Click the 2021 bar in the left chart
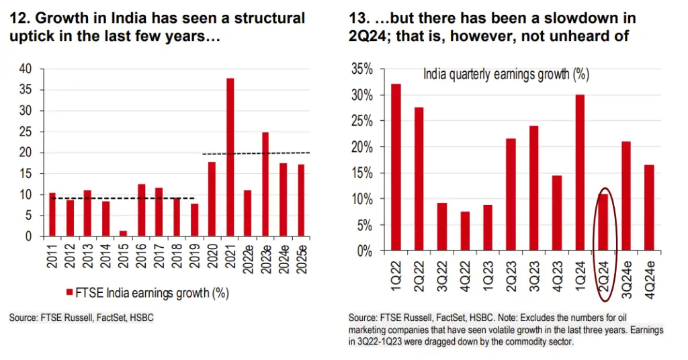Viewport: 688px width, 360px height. (230, 157)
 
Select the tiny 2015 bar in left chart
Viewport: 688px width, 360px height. (124, 233)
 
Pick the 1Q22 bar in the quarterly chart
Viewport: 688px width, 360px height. (396, 167)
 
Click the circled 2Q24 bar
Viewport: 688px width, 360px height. (603, 222)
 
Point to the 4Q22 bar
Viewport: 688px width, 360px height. (466, 231)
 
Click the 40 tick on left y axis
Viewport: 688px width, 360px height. (26, 69)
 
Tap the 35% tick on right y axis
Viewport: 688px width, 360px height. (361, 69)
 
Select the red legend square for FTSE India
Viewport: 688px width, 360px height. (69, 292)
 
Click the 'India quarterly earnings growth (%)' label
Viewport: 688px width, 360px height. (506, 74)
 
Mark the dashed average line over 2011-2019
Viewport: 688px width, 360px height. (121, 197)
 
